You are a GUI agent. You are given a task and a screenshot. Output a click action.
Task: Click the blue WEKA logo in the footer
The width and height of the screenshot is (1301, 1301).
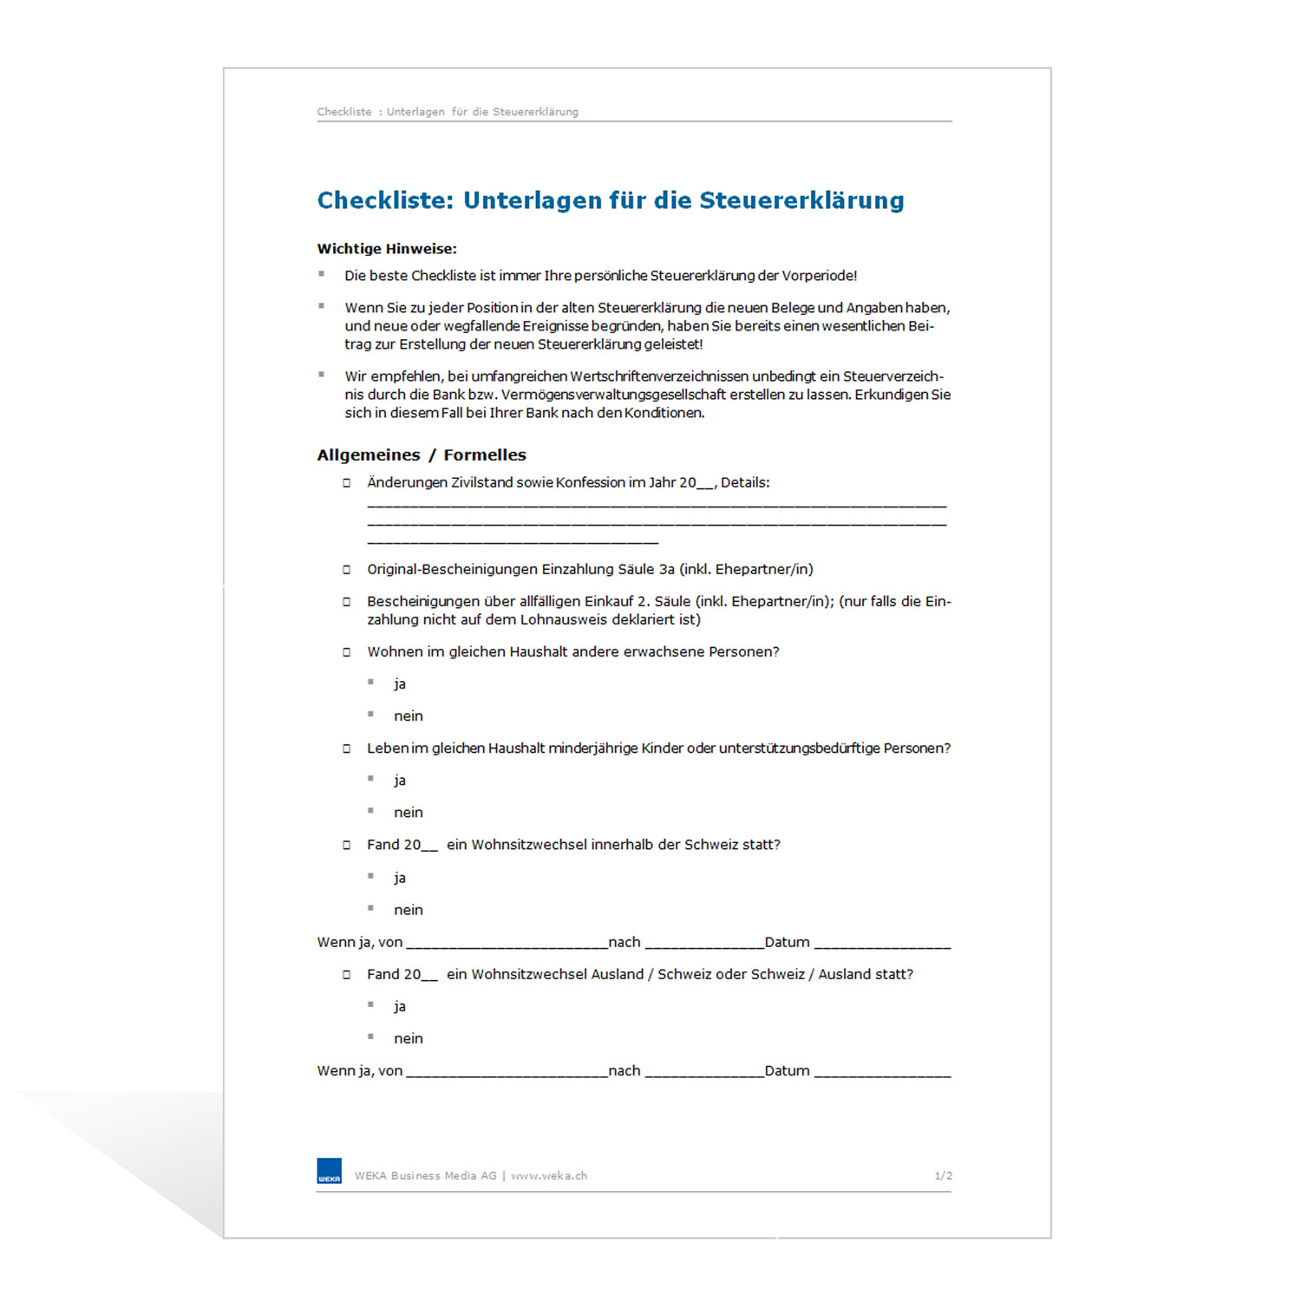pos(330,1171)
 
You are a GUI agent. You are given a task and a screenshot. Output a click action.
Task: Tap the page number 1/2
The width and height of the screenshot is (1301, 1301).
pos(943,1176)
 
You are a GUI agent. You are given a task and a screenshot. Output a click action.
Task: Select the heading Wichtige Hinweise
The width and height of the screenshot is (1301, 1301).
pos(387,249)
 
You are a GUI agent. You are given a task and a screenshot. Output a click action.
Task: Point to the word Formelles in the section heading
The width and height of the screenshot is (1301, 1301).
pos(485,455)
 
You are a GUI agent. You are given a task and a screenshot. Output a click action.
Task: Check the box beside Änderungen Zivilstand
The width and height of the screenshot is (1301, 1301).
pos(347,483)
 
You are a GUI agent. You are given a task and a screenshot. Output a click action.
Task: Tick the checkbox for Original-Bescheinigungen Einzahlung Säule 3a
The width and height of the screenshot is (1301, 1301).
pos(347,570)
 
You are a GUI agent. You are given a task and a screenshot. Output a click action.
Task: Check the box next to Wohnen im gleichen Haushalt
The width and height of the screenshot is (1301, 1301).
pos(347,652)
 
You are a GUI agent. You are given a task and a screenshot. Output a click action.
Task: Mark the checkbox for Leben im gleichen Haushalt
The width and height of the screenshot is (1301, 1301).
pos(347,749)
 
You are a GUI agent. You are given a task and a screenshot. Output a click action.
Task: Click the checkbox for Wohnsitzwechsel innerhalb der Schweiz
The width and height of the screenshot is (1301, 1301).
pos(347,845)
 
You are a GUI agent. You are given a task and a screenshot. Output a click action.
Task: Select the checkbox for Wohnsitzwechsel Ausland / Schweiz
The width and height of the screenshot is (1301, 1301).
pos(347,975)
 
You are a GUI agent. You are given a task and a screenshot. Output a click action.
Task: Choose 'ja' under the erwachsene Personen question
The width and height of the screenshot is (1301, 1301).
pos(400,684)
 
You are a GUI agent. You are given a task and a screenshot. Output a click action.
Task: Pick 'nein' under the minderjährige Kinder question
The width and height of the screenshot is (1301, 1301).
pos(409,813)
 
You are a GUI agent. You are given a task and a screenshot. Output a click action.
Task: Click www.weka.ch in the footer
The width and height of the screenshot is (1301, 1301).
pos(549,1176)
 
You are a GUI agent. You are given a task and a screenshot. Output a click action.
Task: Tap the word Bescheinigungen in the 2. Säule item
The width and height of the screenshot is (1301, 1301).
pos(422,602)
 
